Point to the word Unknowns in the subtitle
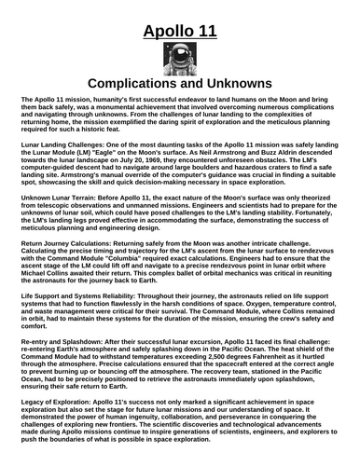[x=242, y=84]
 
